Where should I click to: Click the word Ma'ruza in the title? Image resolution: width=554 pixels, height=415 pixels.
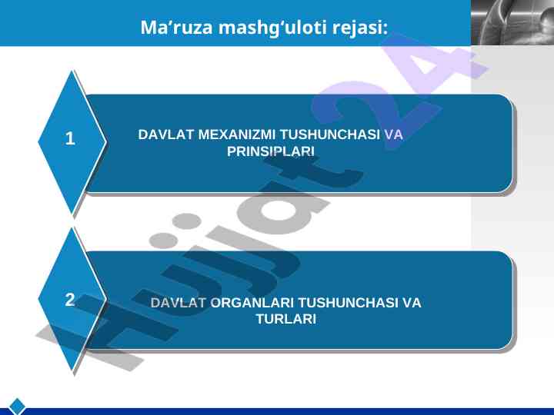[177, 27]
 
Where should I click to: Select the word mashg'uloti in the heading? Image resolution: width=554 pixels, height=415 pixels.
[272, 28]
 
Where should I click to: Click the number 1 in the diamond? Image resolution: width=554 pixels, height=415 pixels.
[70, 138]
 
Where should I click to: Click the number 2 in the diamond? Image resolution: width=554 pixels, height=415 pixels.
[70, 300]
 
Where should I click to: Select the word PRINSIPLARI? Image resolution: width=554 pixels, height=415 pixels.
[271, 151]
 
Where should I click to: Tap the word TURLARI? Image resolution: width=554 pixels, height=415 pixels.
[285, 320]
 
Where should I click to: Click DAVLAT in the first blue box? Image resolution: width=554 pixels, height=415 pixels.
[165, 134]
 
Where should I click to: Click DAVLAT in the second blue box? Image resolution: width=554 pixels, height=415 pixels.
[178, 303]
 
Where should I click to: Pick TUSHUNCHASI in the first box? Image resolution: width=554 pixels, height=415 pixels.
[329, 134]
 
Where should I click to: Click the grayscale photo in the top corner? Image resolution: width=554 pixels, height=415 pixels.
[512, 22]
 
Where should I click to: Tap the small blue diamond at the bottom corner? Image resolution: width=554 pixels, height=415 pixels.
[17, 407]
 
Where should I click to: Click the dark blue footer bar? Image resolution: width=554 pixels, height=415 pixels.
[282, 411]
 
